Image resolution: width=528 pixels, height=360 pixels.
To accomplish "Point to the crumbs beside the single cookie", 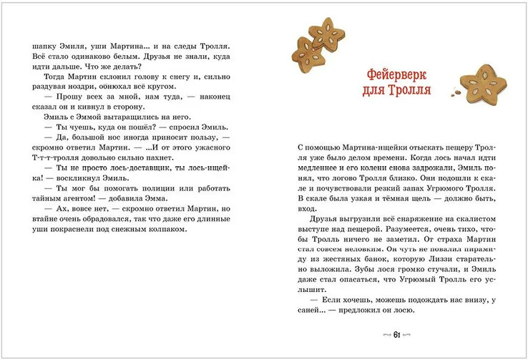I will [454, 92].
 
